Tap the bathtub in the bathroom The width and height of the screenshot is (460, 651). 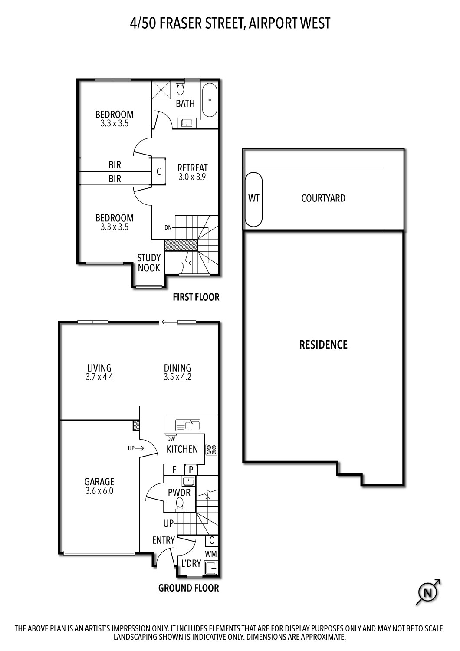pyautogui.click(x=210, y=101)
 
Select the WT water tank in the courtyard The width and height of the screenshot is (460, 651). pyautogui.click(x=254, y=199)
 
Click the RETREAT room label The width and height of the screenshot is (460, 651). pyautogui.click(x=193, y=168)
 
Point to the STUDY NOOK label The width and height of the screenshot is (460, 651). pyautogui.click(x=149, y=263)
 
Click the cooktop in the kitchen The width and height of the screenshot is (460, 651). pyautogui.click(x=212, y=450)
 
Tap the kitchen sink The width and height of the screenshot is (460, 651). pyautogui.click(x=188, y=425)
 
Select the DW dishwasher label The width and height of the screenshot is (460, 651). pyautogui.click(x=171, y=438)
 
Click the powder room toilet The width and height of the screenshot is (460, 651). pyautogui.click(x=180, y=504)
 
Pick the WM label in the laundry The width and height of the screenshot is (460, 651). pyautogui.click(x=211, y=554)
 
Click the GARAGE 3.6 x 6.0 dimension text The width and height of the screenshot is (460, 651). pyautogui.click(x=99, y=491)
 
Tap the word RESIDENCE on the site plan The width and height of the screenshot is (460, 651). pyautogui.click(x=323, y=345)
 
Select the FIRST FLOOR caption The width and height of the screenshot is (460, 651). pyautogui.click(x=196, y=297)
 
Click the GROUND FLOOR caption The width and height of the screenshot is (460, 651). pyautogui.click(x=188, y=588)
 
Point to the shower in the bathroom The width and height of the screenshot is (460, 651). pyautogui.click(x=161, y=90)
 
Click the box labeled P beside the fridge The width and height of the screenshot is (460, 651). pyautogui.click(x=191, y=470)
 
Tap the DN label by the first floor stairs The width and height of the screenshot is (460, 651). pyautogui.click(x=168, y=227)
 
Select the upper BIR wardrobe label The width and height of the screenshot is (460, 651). pyautogui.click(x=115, y=165)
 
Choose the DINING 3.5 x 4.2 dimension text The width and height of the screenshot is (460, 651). pyautogui.click(x=177, y=377)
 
